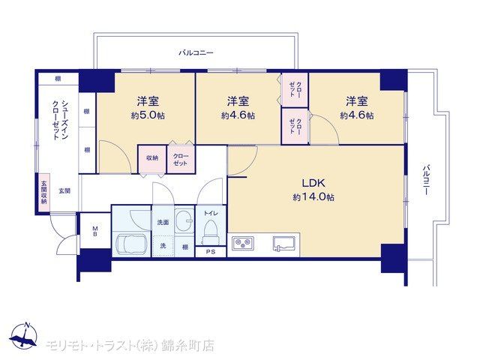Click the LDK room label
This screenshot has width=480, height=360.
[313, 183]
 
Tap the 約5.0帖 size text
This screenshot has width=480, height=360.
[148, 115]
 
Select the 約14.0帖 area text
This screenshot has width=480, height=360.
[313, 196]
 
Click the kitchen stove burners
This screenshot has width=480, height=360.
[243, 243]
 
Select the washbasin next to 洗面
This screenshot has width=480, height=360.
[184, 221]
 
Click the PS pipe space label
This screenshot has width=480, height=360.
[211, 252]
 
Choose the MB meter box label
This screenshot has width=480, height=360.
[95, 231]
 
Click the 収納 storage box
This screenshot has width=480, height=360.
[151, 159]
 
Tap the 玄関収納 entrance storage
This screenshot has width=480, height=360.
[44, 193]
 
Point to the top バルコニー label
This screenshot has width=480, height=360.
[196, 52]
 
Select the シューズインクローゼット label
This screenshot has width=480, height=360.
[60, 120]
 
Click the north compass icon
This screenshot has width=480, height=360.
[23, 336]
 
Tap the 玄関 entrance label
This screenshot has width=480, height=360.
[64, 191]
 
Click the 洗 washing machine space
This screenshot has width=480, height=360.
[163, 246]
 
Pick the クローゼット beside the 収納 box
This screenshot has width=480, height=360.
[181, 159]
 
